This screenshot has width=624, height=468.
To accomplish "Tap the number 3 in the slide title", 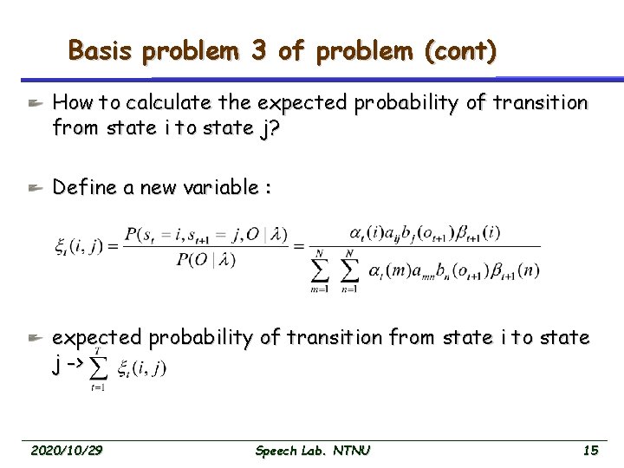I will (x=257, y=51).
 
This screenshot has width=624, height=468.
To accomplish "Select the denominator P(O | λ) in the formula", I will (x=205, y=259).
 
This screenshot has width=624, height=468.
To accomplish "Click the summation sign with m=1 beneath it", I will (x=320, y=270).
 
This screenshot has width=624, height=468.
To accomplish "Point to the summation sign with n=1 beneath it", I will (x=348, y=270).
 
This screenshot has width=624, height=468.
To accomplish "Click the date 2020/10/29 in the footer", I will (x=66, y=450).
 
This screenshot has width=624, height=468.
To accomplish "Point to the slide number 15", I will (x=590, y=450).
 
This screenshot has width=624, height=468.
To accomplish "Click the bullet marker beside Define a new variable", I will (x=34, y=187).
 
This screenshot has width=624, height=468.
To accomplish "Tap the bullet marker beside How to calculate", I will (x=34, y=103).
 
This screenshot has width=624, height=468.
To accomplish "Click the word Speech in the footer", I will (x=276, y=450).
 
